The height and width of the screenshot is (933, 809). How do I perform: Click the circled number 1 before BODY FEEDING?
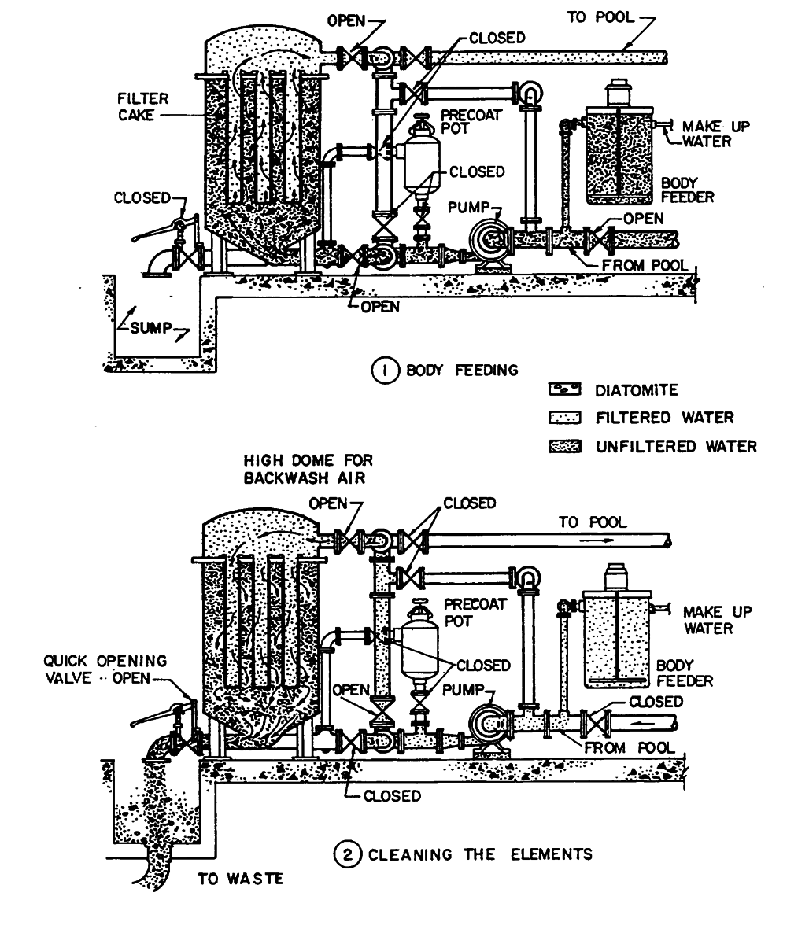383,369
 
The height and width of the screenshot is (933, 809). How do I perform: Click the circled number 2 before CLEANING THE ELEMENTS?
346,854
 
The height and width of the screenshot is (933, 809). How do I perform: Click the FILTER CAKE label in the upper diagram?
139,107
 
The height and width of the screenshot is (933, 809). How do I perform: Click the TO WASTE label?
239,879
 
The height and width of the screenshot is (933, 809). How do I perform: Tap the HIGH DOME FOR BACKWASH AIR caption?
308,468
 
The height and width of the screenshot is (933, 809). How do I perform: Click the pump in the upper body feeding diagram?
489,239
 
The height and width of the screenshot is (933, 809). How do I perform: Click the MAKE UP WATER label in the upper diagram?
705,134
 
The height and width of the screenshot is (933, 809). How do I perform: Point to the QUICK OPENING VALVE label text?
105,669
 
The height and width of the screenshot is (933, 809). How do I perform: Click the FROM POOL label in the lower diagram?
629,747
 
